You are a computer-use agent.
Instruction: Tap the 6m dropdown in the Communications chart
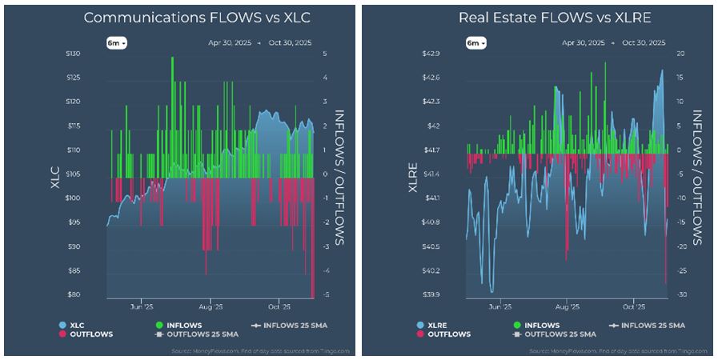tap(118, 42)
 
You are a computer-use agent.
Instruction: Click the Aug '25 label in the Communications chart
tap(211, 306)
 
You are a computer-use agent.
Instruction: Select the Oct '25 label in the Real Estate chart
tap(633, 306)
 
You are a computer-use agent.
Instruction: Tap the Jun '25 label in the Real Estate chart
tap(499, 306)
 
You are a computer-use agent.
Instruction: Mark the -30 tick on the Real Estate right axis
tap(680, 294)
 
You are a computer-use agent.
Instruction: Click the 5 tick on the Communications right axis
tap(324, 54)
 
